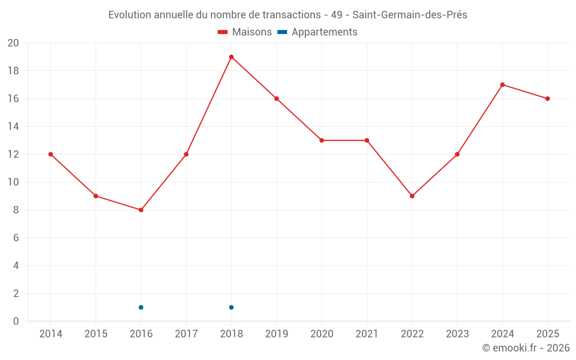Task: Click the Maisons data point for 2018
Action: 232,57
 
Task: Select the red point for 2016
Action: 141,210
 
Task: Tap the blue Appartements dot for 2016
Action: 141,308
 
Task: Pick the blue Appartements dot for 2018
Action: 232,308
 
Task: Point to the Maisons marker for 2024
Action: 502,85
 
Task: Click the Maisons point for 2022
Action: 412,196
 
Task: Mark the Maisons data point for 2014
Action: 51,154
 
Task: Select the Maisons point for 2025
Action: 548,99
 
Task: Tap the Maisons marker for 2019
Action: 276,99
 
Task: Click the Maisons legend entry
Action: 245,32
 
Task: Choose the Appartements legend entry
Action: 317,32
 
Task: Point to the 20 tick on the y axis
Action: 13,43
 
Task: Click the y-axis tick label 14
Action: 13,126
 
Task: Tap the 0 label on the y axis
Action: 16,321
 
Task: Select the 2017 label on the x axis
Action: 186,334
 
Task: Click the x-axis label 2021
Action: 367,334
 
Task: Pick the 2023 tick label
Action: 457,334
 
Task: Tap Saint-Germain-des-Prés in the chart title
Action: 410,15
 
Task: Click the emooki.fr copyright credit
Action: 526,348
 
